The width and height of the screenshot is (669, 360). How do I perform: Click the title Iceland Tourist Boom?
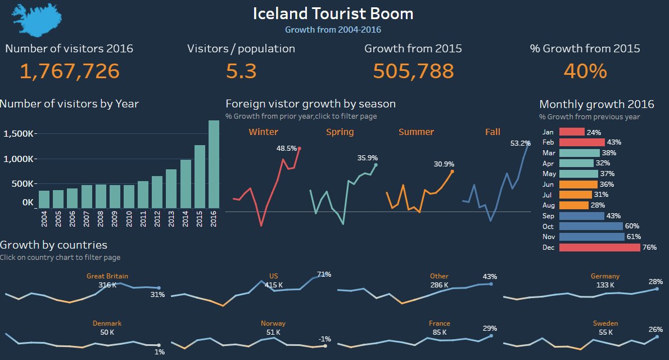(x=333, y=13)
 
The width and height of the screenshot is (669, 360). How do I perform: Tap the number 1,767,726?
(x=70, y=71)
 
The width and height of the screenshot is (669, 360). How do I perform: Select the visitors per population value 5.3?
(x=241, y=71)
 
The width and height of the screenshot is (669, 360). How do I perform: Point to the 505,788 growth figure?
(x=413, y=71)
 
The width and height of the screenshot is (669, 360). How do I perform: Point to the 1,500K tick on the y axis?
(x=19, y=134)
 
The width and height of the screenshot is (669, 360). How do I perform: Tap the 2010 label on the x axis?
(x=129, y=219)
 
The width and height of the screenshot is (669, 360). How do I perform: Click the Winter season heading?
(x=263, y=132)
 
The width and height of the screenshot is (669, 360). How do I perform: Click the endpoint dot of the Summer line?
(x=452, y=172)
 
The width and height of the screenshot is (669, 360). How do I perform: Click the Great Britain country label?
(x=107, y=276)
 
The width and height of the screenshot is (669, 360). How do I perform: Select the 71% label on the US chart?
(x=324, y=274)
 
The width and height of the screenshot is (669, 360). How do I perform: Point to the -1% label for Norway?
(x=324, y=339)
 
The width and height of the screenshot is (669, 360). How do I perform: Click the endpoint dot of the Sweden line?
(x=657, y=337)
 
